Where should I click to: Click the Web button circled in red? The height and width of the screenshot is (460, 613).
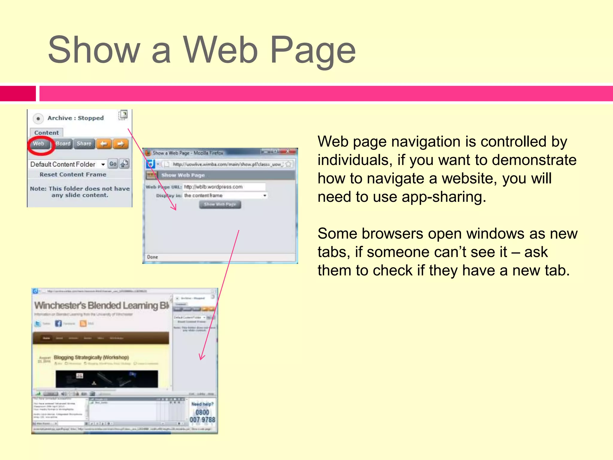tap(39, 144)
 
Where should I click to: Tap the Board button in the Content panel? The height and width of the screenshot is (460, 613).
tap(63, 144)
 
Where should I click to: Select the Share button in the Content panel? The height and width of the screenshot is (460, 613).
tap(84, 144)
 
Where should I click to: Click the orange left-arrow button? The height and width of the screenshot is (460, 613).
tap(104, 144)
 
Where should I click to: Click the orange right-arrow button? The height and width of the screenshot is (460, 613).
tap(121, 144)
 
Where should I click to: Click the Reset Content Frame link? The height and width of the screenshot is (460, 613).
tap(73, 175)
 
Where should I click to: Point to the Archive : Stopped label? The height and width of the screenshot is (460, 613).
tap(75, 118)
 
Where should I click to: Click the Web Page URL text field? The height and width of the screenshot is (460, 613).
tap(224, 187)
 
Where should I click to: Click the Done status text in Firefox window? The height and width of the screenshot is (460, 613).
tap(152, 257)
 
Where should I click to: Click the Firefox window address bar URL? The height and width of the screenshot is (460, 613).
tap(227, 164)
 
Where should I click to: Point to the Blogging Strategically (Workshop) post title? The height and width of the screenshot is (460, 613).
tap(91, 357)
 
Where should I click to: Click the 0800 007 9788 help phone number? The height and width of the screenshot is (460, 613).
tap(202, 416)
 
